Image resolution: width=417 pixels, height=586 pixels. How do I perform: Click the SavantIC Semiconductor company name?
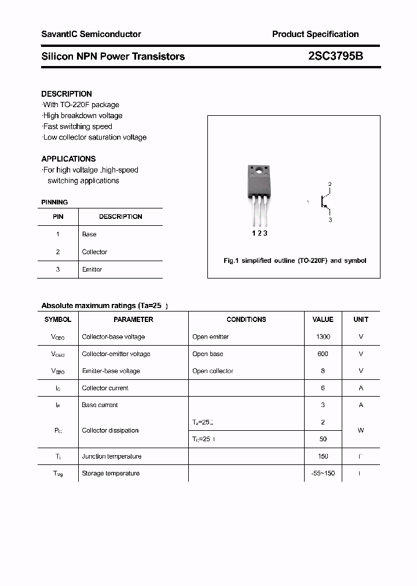point(91,34)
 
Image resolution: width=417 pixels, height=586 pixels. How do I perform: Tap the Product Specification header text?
point(315,34)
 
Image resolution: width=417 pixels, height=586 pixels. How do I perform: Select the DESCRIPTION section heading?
point(67,94)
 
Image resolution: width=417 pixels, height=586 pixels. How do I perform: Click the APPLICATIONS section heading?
point(68,159)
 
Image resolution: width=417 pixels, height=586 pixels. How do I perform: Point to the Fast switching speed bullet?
point(78,126)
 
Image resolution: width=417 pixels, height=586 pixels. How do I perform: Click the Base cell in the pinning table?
point(89,235)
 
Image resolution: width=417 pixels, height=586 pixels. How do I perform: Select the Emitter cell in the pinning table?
point(92,269)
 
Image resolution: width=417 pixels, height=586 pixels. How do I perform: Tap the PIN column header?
point(58,217)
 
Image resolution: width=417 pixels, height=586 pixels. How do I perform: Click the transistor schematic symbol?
point(325,203)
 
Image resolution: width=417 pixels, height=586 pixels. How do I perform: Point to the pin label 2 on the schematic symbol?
point(330,185)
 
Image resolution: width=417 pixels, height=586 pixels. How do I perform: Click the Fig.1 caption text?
point(295,261)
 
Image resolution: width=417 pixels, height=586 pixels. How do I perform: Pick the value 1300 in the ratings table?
point(323,337)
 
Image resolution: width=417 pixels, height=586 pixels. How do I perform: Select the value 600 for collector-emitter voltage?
point(323,354)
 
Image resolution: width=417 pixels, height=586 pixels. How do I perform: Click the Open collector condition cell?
point(213,371)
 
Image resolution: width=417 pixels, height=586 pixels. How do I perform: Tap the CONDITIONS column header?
point(246,320)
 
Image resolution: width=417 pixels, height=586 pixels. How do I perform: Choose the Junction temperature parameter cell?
point(112,456)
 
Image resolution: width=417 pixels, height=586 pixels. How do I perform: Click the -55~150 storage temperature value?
point(323,474)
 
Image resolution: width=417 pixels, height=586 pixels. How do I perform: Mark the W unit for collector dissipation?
point(361,430)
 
